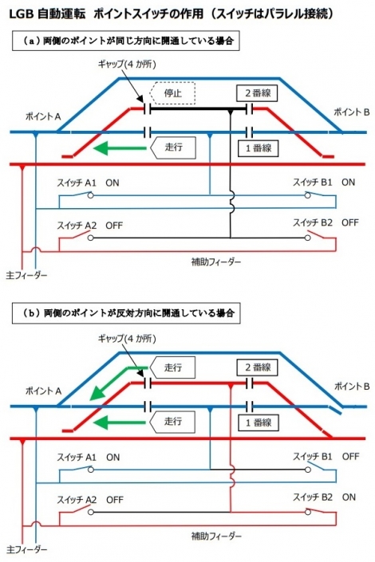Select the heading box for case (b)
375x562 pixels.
127,312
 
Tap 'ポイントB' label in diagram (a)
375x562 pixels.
350,113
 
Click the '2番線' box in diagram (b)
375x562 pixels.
256,367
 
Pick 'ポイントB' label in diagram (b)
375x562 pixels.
350,387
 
